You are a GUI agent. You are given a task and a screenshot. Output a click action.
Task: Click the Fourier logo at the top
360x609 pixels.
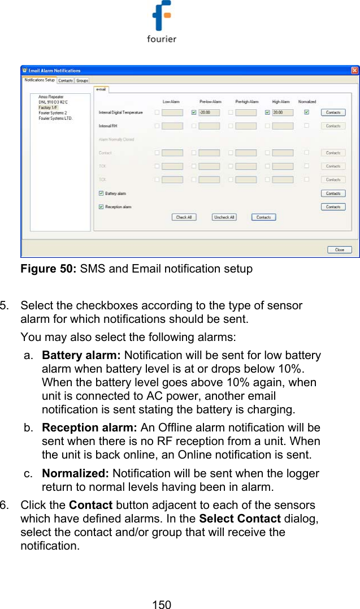(162, 22)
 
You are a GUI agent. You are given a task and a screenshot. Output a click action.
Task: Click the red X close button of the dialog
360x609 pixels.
(354, 71)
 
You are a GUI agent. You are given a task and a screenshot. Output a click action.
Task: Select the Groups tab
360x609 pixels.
(82, 81)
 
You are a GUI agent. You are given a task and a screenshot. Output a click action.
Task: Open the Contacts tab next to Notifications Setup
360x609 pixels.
(66, 81)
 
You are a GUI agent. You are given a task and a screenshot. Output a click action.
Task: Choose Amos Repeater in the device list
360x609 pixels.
(51, 97)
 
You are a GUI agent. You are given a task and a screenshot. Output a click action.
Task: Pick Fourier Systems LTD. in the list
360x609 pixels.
(55, 118)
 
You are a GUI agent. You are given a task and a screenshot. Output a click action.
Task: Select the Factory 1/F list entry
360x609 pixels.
(49, 107)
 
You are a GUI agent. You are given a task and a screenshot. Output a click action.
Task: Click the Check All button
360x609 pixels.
(184, 217)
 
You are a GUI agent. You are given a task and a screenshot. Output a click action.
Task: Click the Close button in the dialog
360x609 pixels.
(339, 249)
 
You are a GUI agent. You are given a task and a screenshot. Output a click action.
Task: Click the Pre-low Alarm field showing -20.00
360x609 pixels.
(209, 113)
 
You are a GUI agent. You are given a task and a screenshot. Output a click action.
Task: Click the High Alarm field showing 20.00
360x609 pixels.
(282, 113)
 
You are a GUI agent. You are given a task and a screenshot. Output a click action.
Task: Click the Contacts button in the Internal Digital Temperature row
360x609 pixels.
(333, 113)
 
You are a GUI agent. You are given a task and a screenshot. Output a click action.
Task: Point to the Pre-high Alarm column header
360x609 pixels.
(246, 102)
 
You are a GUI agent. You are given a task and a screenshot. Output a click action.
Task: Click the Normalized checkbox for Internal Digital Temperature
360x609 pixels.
(307, 112)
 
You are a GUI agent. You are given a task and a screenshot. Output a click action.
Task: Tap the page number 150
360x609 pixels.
(162, 604)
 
